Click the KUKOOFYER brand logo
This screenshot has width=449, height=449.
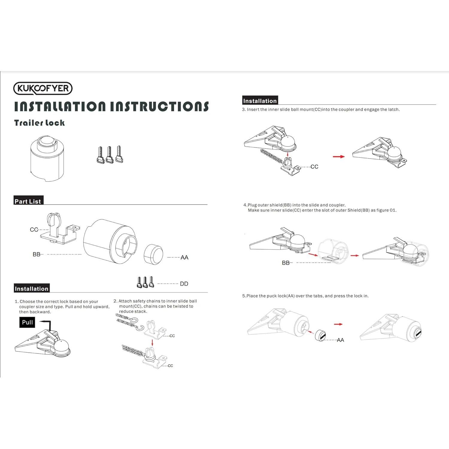click(43, 88)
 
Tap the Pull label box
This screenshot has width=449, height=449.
click(27, 322)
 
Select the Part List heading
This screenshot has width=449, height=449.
click(28, 201)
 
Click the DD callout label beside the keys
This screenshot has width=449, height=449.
click(184, 284)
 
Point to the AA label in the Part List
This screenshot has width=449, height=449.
click(184, 257)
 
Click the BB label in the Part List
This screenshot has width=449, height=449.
click(36, 254)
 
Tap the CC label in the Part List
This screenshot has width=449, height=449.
click(34, 230)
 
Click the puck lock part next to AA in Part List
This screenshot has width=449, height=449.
click(153, 254)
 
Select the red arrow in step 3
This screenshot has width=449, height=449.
click(339, 157)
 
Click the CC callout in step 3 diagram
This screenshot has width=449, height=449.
click(314, 167)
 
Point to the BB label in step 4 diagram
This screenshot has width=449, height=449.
click(286, 263)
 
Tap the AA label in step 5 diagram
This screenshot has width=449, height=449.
click(340, 340)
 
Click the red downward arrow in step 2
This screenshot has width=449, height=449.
click(152, 342)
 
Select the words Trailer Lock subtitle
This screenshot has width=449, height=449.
click(39, 123)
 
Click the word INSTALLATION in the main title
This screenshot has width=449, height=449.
click(60, 107)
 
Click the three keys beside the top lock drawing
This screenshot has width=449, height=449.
click(110, 154)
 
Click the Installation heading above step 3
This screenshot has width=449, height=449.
click(260, 101)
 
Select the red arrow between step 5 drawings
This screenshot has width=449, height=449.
click(338, 324)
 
